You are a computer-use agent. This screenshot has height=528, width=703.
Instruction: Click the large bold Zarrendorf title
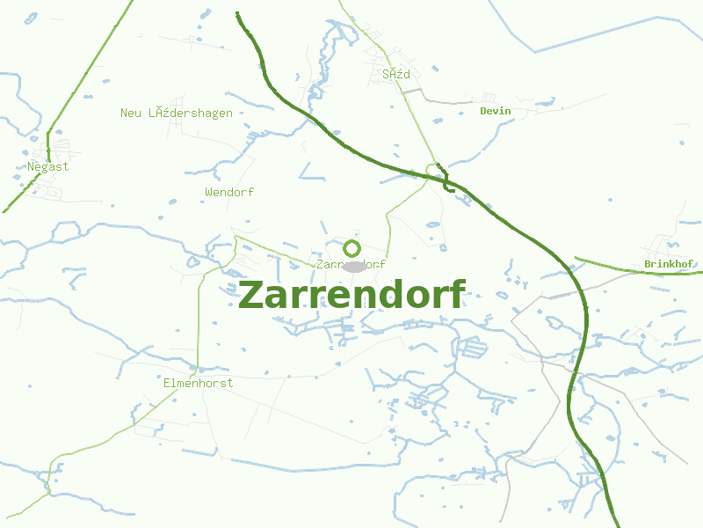click(351, 295)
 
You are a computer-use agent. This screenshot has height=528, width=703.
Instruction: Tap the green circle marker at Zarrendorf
click(352, 248)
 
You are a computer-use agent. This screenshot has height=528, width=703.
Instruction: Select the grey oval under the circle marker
click(353, 266)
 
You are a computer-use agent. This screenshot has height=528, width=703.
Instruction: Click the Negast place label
click(47, 166)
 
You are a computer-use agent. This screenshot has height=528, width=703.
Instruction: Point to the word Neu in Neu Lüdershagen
click(130, 113)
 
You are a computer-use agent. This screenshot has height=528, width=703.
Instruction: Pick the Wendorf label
click(228, 192)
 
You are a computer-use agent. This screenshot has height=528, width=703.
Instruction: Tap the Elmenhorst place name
click(198, 383)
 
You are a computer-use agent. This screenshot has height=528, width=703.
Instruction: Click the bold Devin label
click(495, 111)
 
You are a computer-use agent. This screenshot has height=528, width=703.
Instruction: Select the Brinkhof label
click(668, 264)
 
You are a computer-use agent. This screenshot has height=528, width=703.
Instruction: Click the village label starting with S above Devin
click(395, 74)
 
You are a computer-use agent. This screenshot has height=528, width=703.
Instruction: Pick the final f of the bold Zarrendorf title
click(457, 295)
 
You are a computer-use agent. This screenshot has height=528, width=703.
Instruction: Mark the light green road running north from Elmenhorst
click(200, 317)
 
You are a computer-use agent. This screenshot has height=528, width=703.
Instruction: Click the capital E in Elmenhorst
click(167, 383)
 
